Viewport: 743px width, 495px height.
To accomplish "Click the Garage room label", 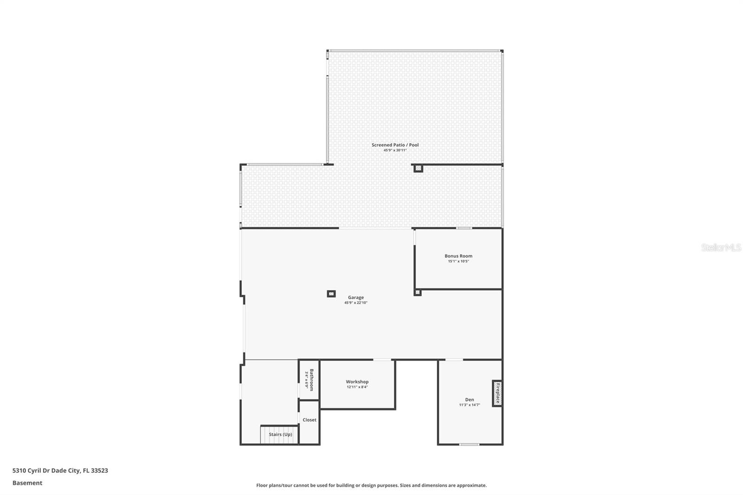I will (356, 297).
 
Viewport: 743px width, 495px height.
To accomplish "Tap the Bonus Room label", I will (458, 256).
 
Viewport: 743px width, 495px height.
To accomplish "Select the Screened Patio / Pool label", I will (395, 145).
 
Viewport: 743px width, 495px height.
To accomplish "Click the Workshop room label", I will (357, 382).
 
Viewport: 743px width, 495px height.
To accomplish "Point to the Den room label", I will (469, 399).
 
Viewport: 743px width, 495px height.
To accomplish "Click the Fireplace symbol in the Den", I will (497, 393).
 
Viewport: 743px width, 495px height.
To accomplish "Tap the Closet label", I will (309, 420).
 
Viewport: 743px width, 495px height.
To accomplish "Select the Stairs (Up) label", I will (280, 435).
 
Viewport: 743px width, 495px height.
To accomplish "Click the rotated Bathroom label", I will (312, 379).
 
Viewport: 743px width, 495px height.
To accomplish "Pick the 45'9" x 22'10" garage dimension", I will (356, 303).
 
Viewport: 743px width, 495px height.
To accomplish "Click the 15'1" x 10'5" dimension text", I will (458, 261).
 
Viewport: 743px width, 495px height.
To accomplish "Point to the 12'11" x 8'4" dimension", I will (357, 387).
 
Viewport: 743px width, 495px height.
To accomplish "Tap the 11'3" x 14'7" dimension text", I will (469, 405).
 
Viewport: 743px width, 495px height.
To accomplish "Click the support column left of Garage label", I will (331, 293).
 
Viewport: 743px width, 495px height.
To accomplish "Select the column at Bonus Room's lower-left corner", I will (417, 293).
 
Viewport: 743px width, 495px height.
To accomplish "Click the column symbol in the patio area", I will (418, 168).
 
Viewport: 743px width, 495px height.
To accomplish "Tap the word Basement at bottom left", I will (27, 483).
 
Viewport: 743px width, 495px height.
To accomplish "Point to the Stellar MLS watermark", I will (721, 247).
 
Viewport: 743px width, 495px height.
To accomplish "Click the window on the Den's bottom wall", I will (469, 444).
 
